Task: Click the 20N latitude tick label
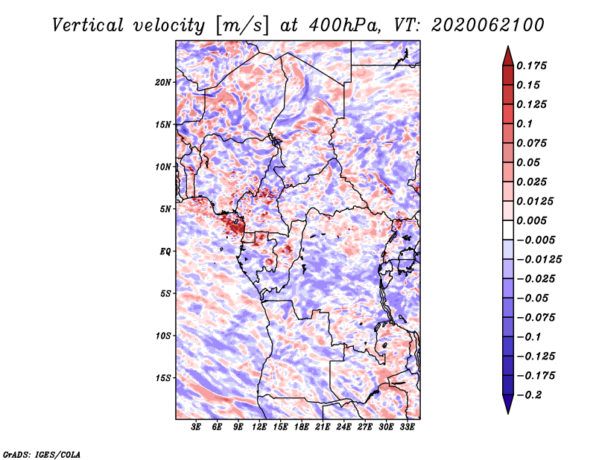click(x=163, y=83)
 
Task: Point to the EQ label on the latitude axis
click(x=165, y=252)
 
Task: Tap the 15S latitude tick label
click(x=163, y=378)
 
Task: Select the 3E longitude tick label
click(x=196, y=427)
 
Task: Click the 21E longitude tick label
click(x=323, y=427)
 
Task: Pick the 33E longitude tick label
click(x=407, y=427)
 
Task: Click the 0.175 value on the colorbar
click(x=531, y=66)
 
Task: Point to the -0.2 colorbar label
click(x=529, y=395)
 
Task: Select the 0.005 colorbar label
click(x=531, y=220)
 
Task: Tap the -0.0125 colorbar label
click(x=539, y=260)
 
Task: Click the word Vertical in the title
click(x=88, y=25)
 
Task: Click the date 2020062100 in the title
click(x=488, y=25)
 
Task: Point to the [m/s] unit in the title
click(x=241, y=26)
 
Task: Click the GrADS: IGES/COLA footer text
click(x=42, y=455)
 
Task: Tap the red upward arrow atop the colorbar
click(x=508, y=56)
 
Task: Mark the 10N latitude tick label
click(x=163, y=167)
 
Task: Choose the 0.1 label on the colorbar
click(x=524, y=124)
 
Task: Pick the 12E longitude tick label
click(x=259, y=427)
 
